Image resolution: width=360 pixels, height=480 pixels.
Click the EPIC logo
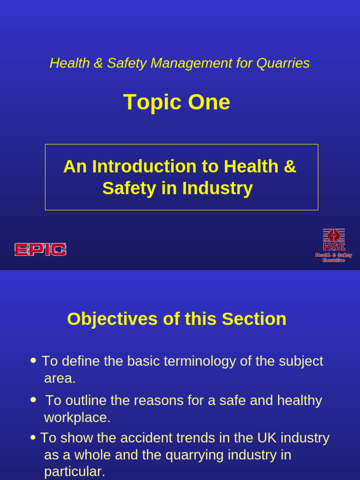[40, 249]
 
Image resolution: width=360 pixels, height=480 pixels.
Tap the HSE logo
[333, 245]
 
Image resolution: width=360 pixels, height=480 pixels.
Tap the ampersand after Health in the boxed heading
[290, 166]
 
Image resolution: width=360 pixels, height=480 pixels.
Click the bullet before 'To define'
[33, 360]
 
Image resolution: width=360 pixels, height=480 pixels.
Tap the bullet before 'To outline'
[33, 400]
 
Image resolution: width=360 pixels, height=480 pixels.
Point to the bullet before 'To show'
[33, 437]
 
